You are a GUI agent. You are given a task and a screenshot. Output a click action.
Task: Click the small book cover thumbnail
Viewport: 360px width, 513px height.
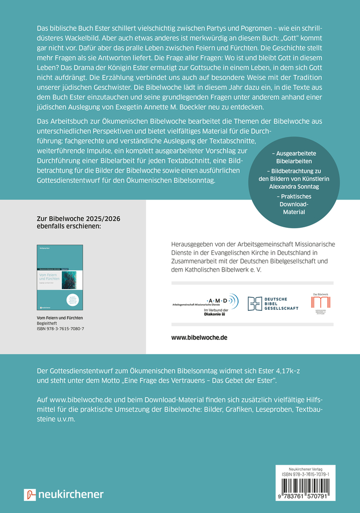60,277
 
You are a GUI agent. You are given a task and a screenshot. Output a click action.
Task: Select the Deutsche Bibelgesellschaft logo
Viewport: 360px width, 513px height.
273,302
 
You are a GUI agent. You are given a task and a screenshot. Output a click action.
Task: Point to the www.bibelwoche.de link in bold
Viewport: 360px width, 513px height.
200,337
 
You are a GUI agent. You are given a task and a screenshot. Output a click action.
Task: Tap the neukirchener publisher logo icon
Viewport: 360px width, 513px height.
30,494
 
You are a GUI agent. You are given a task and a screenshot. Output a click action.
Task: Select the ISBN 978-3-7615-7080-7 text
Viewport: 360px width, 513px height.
61,328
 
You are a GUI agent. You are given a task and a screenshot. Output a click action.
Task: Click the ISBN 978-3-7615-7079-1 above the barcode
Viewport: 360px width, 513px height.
305,475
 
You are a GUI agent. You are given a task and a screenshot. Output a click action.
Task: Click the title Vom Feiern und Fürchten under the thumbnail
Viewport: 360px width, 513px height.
60,318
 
